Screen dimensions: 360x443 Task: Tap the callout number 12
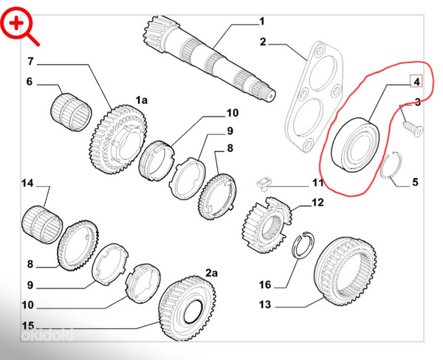tap(317, 201)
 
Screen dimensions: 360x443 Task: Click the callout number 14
tap(27, 183)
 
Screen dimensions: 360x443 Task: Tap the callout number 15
tap(27, 325)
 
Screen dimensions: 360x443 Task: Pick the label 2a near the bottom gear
tap(211, 273)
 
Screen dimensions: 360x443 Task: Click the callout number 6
tap(30, 82)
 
